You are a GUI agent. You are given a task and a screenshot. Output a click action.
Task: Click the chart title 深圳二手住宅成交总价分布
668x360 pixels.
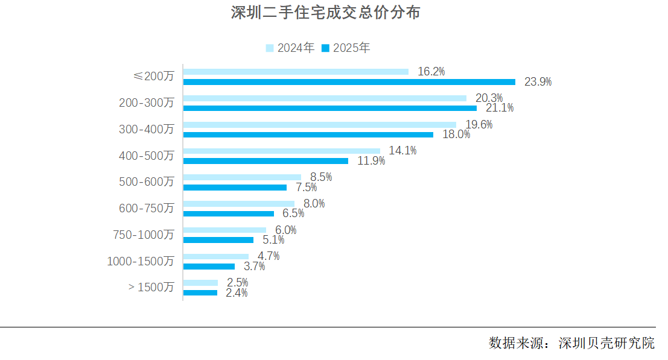pos(325,13)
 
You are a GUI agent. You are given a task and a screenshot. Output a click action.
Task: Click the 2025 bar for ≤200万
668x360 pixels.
pos(349,82)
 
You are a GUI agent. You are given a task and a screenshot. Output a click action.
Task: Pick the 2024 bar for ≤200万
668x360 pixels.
pos(296,72)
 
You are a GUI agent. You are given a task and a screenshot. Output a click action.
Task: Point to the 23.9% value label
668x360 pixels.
pos(538,82)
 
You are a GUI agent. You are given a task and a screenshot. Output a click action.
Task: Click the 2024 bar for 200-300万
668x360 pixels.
pos(325,98)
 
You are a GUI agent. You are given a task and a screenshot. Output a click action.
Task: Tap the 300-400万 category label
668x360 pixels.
pos(147,129)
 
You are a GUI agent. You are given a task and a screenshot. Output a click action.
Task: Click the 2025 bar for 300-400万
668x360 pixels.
pos(308,134)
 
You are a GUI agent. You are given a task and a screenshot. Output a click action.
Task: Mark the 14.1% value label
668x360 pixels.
pos(402,151)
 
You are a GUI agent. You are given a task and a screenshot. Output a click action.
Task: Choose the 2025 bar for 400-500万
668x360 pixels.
pos(266,161)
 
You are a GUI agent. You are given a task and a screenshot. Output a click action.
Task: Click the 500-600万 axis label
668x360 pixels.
pos(147,182)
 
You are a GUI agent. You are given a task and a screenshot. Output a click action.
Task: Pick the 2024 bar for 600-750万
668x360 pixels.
pos(238,204)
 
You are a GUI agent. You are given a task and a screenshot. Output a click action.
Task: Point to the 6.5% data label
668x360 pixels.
pos(293,213)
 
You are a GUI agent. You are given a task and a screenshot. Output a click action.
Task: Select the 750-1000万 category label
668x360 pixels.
pos(144,235)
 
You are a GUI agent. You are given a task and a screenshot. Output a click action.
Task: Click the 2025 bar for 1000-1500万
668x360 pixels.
pos(209,267)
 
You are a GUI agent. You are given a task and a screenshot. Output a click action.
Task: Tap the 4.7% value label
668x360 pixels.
pos(269,256)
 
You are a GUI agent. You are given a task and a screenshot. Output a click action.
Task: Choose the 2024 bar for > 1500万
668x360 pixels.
pos(200,283)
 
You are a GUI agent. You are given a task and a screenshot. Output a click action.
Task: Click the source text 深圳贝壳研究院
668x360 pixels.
pos(606,344)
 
